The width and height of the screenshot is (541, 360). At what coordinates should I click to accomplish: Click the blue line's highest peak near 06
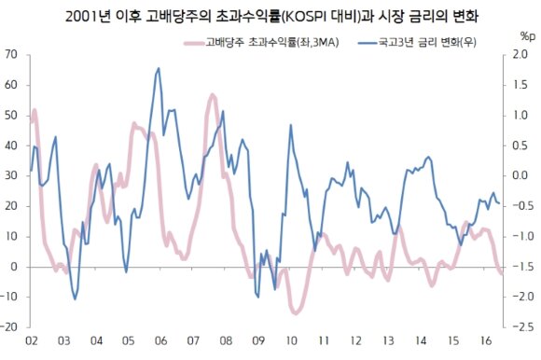pos(159,68)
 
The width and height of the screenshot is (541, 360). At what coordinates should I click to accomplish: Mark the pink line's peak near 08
pos(213,95)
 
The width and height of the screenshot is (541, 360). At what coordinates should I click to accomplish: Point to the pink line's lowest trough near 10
pos(296,313)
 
